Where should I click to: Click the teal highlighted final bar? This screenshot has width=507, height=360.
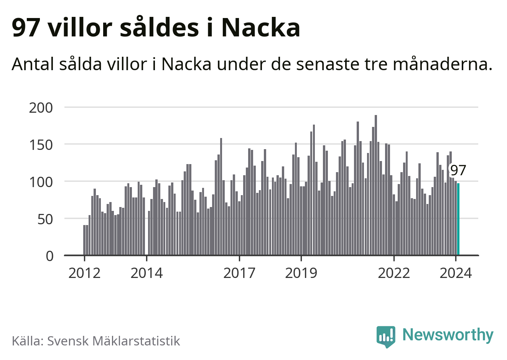[x=458, y=219]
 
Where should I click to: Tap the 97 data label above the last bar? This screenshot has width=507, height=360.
[x=458, y=170]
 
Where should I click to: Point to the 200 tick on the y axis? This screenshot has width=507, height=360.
[x=41, y=108]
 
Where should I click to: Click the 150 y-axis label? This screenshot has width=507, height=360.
[x=41, y=145]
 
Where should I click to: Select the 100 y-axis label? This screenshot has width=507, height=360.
[x=41, y=182]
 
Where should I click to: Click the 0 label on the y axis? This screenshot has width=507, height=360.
[x=50, y=256]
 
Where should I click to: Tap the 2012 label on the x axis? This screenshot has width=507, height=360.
[x=84, y=273]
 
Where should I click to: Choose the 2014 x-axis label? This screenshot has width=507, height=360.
[x=147, y=273]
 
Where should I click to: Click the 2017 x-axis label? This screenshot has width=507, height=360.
[x=239, y=273]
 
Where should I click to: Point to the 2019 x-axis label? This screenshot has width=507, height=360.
[x=301, y=273]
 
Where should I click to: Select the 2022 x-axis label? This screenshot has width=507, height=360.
[x=394, y=273]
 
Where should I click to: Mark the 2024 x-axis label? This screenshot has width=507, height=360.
[x=456, y=273]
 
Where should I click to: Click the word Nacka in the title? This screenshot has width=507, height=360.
[x=261, y=28]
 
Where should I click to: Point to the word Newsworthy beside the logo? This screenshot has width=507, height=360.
[x=448, y=335]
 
